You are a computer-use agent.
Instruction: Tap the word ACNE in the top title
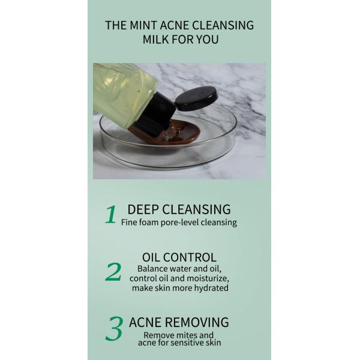pyautogui.click(x=176, y=25)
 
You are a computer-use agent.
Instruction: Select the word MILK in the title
pyautogui.click(x=157, y=40)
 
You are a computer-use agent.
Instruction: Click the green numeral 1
pyautogui.click(x=110, y=214)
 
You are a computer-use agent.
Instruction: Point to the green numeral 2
pyautogui.click(x=113, y=272)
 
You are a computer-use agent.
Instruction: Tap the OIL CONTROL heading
pyautogui.click(x=179, y=257)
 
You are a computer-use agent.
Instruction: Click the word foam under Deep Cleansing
pyautogui.click(x=152, y=223)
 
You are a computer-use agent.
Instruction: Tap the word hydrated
pyautogui.click(x=209, y=288)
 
